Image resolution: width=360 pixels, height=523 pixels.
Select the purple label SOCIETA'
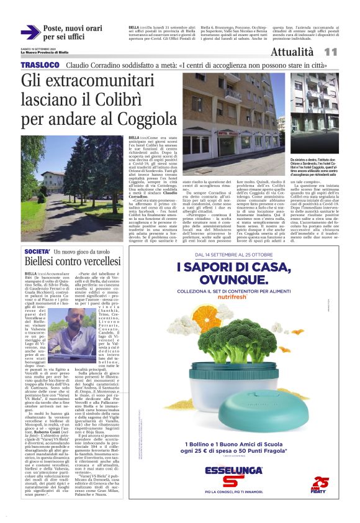pyautogui.click(x=36, y=253)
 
